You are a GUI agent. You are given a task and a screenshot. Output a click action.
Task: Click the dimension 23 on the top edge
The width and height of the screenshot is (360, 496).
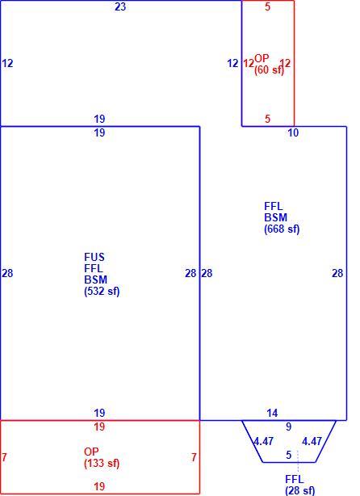(120, 6)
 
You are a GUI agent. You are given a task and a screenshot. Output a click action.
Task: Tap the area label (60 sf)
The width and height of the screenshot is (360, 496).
(270, 69)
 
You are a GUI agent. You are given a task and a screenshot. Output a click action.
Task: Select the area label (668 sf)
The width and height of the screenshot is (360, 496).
(282, 229)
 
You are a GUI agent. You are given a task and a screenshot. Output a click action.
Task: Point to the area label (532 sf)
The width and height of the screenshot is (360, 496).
(102, 292)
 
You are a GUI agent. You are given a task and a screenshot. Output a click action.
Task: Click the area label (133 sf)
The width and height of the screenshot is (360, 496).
(102, 464)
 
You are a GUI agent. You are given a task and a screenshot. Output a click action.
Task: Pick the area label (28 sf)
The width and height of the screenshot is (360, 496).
(299, 490)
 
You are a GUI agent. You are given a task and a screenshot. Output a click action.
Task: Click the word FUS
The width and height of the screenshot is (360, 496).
(94, 257)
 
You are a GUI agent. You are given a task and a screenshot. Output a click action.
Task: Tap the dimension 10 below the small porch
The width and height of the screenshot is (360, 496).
(293, 132)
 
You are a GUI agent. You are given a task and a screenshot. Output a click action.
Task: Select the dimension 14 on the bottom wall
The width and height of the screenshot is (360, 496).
(272, 413)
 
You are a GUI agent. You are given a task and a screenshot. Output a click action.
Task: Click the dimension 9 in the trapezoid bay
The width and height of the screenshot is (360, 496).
(289, 427)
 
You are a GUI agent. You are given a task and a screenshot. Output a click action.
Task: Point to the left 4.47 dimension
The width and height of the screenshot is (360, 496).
(264, 441)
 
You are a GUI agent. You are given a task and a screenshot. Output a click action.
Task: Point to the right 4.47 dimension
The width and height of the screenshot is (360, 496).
(312, 441)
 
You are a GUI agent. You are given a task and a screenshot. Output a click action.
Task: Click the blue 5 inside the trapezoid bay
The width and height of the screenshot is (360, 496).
(289, 455)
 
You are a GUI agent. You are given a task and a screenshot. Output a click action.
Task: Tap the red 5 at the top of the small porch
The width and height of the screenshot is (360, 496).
(268, 7)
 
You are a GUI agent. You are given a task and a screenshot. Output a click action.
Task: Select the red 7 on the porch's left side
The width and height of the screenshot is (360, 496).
(4, 457)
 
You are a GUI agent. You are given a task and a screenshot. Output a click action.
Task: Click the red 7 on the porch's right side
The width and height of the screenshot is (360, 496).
(194, 457)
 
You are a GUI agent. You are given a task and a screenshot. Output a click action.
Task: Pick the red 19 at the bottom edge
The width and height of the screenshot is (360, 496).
(99, 486)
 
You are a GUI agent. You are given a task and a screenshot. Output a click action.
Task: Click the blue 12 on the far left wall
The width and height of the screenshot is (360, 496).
(7, 63)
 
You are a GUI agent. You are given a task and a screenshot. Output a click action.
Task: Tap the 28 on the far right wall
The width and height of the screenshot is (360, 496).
(337, 273)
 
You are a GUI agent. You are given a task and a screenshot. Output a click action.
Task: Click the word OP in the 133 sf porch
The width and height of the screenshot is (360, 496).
(91, 452)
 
